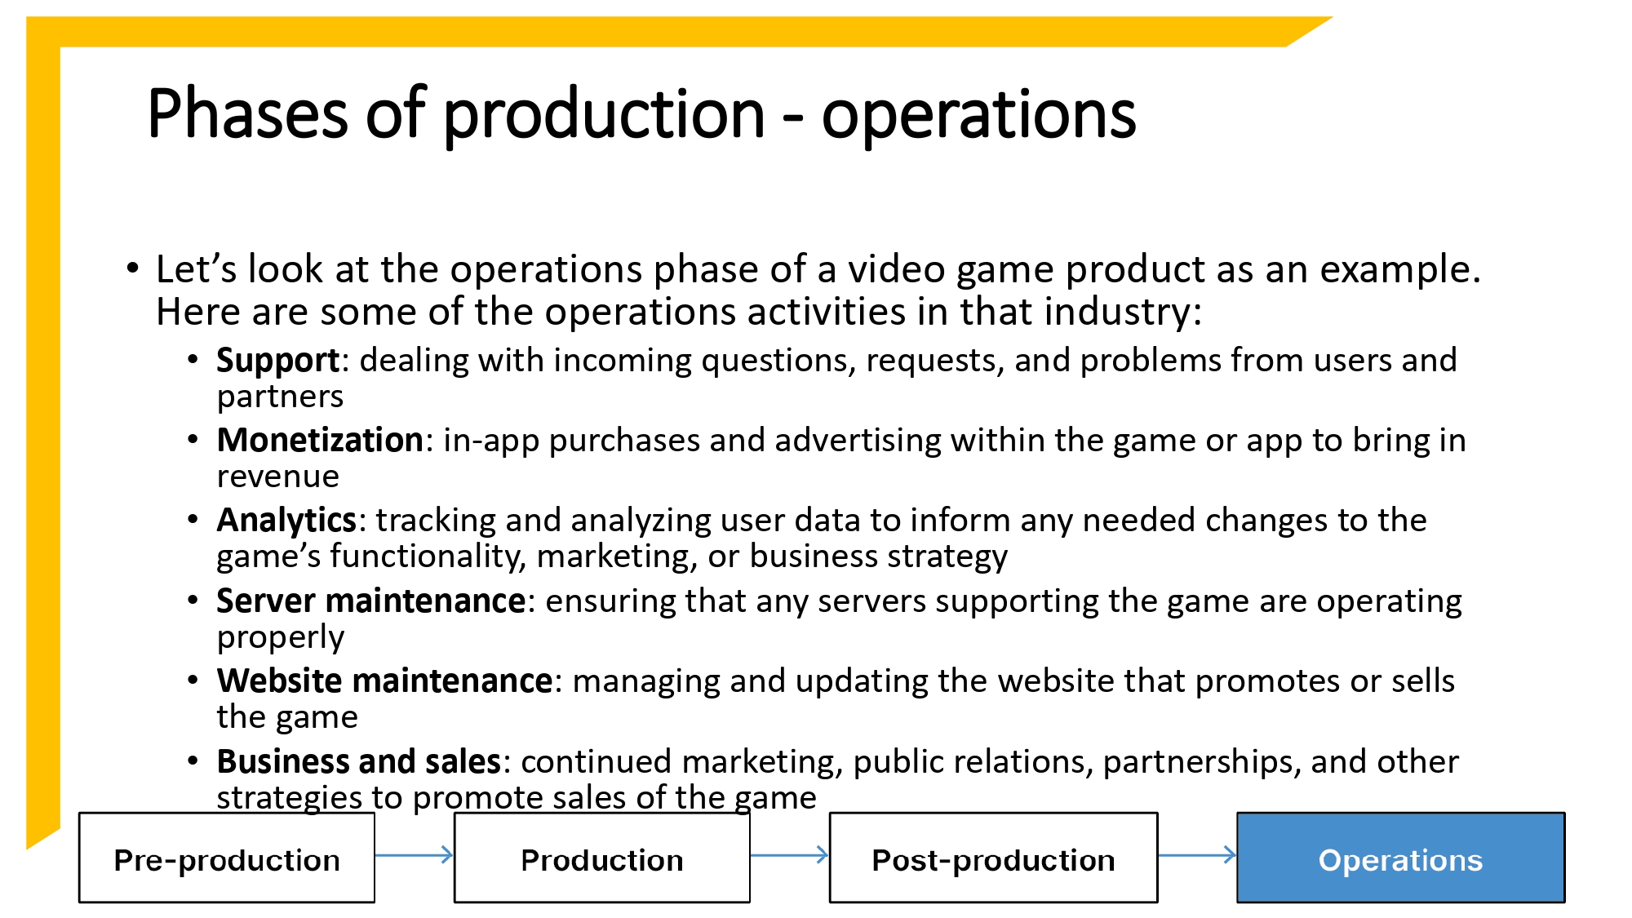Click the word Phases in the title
pos(247,114)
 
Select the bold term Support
pos(277,361)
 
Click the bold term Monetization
pos(320,441)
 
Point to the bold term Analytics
pos(286,521)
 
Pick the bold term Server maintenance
pos(371,601)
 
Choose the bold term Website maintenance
pos(384,681)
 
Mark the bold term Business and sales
pos(358,762)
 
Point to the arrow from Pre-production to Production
pos(414,855)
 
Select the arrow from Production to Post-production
pos(789,855)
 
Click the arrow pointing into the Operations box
pos(1196,855)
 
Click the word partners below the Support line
pos(280,397)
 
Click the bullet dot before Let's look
pos(133,268)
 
